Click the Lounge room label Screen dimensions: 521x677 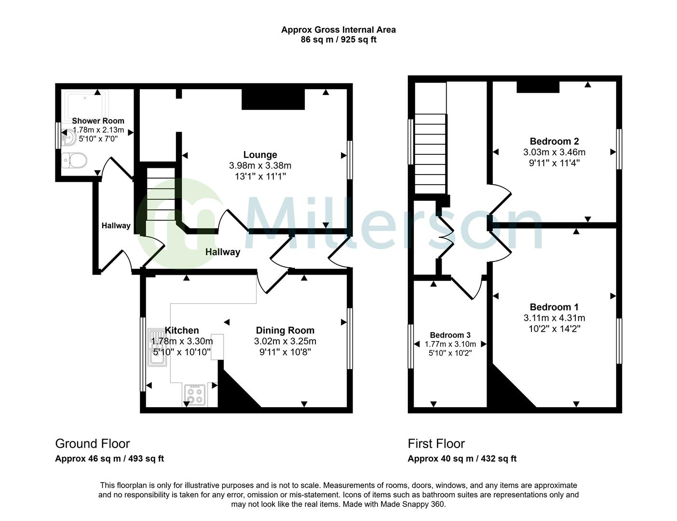tap(260, 155)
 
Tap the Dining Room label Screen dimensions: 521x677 tap(284, 330)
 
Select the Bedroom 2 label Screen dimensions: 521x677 tap(554, 141)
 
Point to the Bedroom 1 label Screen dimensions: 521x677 tap(554, 307)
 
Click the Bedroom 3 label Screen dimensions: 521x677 tap(450, 335)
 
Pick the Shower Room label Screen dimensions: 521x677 tap(98, 121)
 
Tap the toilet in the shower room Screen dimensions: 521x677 tap(74, 160)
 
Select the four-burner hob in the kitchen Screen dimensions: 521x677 tap(195, 395)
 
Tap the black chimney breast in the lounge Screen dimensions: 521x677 tap(273, 99)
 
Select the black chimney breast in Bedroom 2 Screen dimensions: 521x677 tap(538, 87)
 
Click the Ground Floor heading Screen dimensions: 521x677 tap(92, 444)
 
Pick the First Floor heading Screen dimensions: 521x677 tap(436, 444)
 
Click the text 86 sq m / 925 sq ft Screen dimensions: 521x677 tap(338, 40)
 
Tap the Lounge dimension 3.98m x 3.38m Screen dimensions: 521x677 tap(260, 166)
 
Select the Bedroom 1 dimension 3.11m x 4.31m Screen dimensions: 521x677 tap(554, 318)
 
